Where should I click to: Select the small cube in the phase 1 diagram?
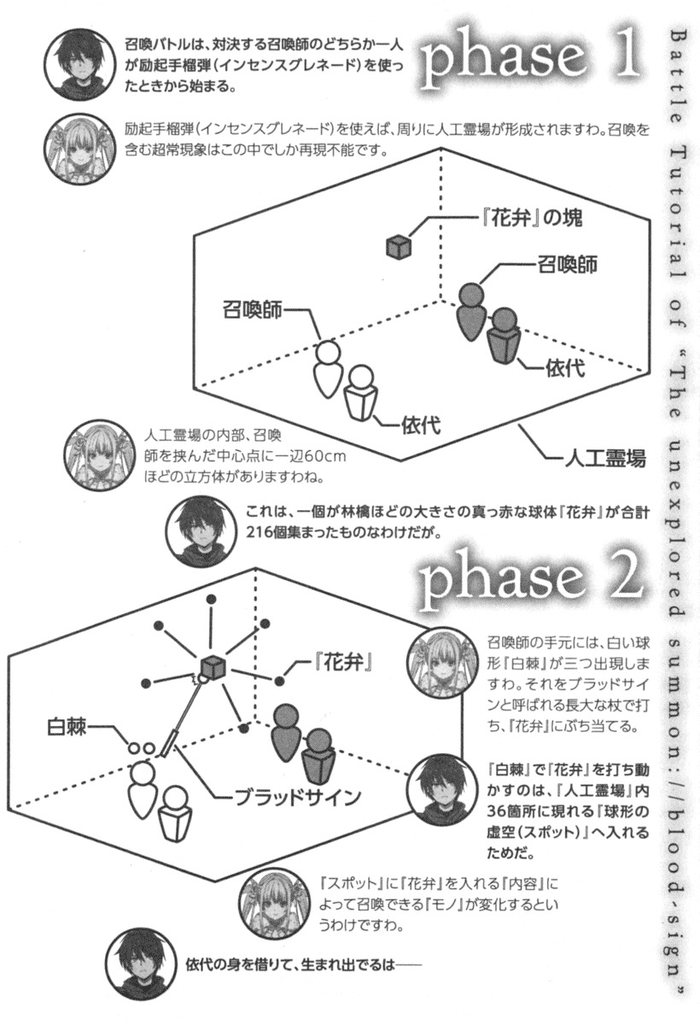click(399, 246)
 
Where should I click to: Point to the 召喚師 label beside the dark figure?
click(568, 264)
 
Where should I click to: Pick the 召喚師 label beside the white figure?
click(253, 310)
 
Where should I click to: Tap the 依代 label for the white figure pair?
click(421, 425)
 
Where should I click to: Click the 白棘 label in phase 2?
click(67, 726)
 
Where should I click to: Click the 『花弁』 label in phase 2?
click(342, 662)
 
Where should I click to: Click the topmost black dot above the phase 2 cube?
click(211, 599)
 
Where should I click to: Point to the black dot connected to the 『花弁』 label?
click(279, 682)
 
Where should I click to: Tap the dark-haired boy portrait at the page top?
click(79, 65)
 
